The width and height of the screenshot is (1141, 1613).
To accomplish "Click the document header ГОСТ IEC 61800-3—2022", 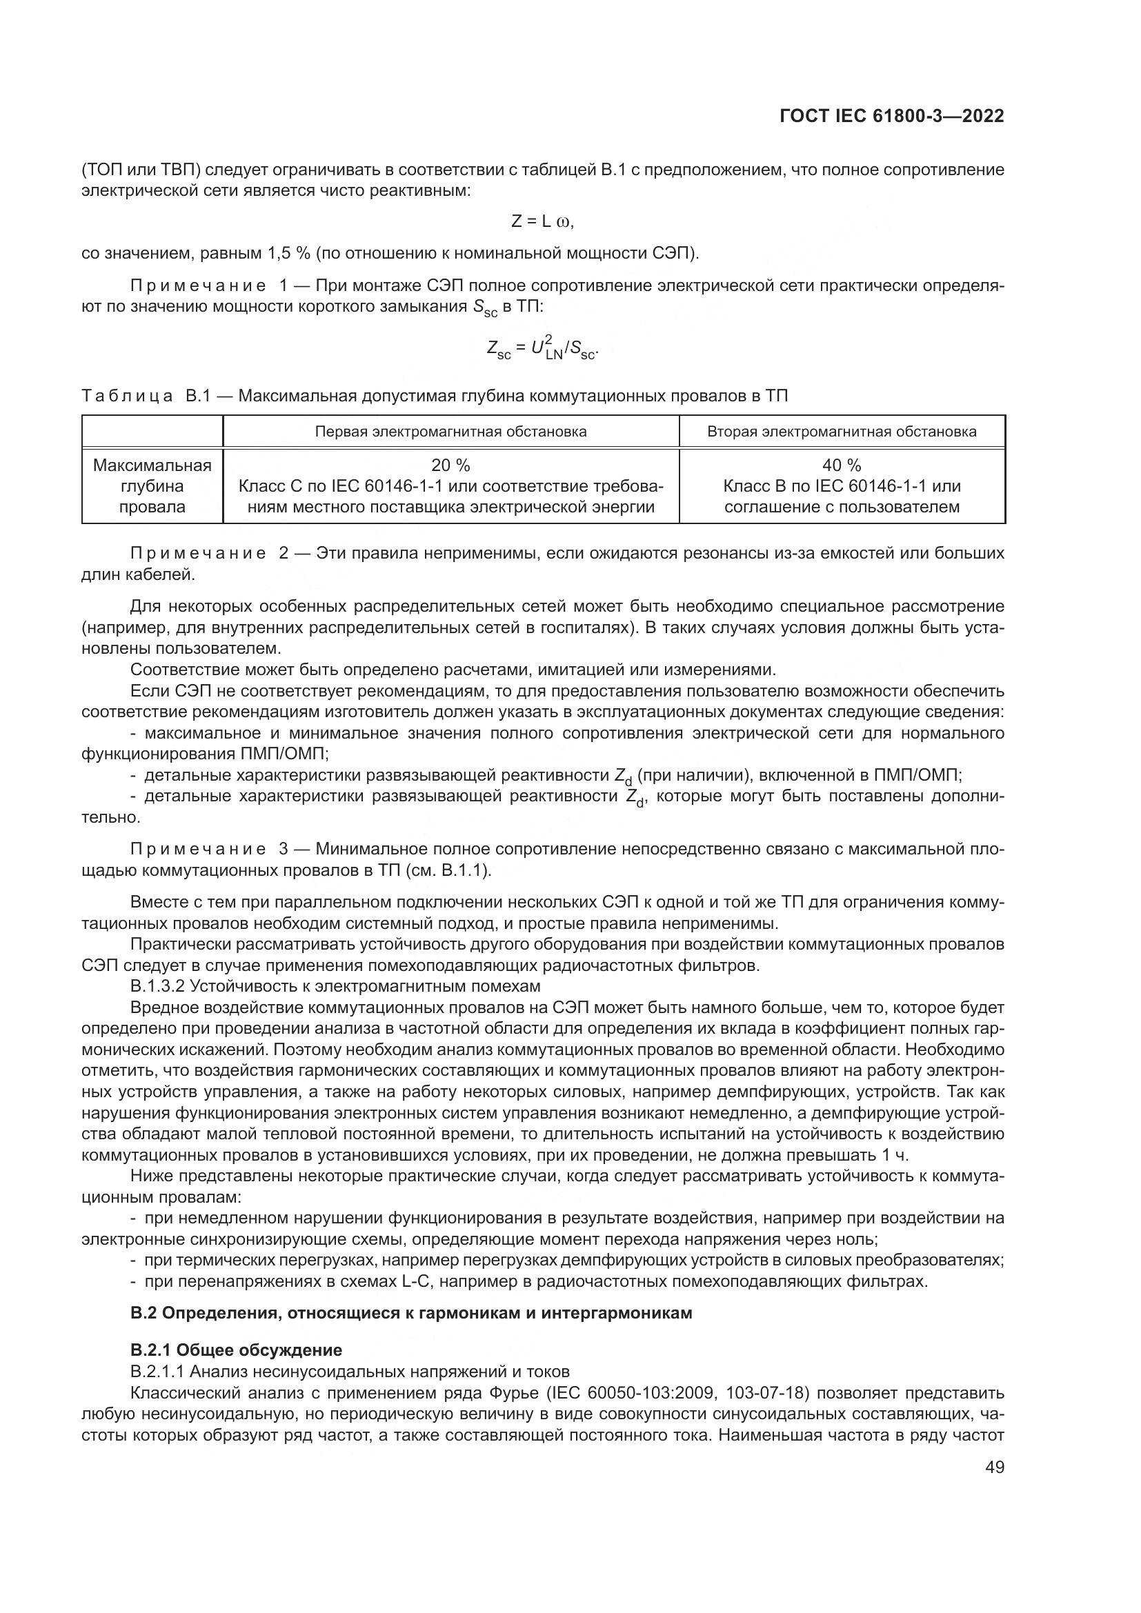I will point(891,116).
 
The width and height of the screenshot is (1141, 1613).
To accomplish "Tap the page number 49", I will point(994,1467).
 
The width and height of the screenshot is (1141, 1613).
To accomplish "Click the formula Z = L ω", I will point(542,221).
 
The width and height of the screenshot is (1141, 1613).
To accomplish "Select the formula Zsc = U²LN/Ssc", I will point(542,348).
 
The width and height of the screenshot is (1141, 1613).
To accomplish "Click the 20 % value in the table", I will point(450,465).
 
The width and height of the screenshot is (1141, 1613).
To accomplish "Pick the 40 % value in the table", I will point(841,465).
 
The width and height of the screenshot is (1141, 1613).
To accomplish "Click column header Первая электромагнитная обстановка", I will point(450,431).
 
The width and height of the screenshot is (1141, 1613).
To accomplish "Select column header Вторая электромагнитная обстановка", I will point(841,431).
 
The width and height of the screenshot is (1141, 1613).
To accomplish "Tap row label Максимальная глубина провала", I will point(152,486).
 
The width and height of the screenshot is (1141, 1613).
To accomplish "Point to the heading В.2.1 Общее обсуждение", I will point(236,1350).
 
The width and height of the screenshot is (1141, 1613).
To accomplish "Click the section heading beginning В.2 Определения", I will point(411,1313).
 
